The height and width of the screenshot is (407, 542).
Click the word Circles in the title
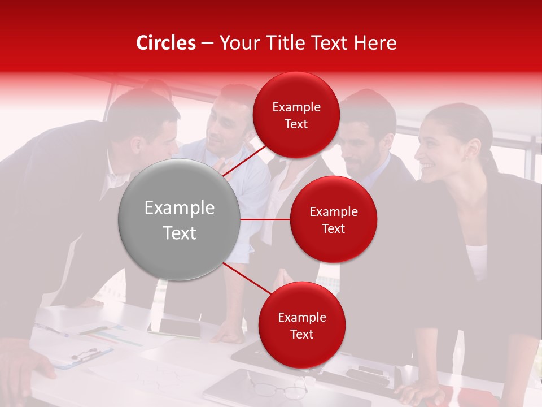click(x=166, y=43)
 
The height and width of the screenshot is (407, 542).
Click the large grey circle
click(x=180, y=220)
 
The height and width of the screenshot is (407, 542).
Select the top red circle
click(x=296, y=115)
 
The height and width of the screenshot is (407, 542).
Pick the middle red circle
click(x=333, y=220)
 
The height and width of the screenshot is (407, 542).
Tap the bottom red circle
click(x=301, y=325)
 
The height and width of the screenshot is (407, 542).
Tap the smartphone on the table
click(x=179, y=327)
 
